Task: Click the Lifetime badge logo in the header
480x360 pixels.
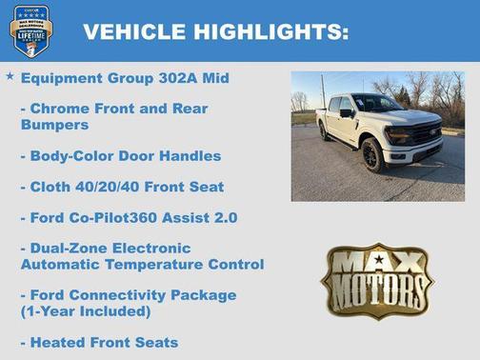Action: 30,30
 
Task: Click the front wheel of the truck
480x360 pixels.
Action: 372,155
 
